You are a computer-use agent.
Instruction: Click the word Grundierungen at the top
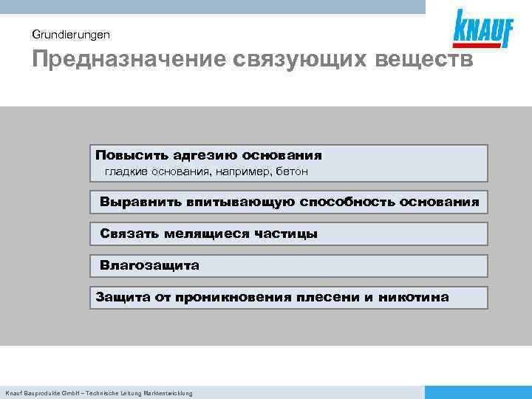pos(72,34)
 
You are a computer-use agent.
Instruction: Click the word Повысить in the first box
pos(132,155)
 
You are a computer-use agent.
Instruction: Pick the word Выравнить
pos(140,201)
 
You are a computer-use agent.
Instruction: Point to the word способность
pos(346,201)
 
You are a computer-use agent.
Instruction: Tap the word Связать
pos(127,233)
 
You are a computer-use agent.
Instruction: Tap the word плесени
pos(328,297)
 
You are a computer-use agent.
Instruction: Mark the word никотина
pos(413,297)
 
